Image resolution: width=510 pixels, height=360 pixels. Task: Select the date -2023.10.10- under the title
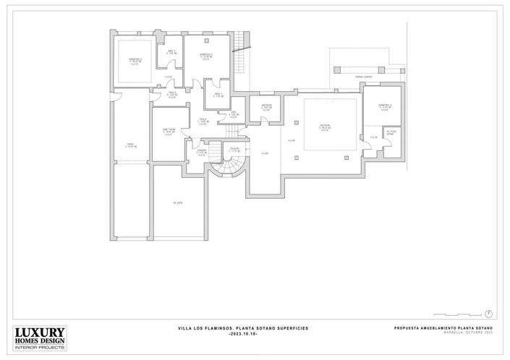pos(242,335)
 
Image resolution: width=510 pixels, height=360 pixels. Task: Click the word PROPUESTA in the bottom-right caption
pos(409,328)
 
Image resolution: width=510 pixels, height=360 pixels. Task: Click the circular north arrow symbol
pos(490,313)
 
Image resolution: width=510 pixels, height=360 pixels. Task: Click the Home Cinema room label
pos(169,132)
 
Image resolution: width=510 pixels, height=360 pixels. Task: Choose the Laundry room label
pos(202,151)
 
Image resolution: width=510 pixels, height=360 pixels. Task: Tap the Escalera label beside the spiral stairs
pos(234,150)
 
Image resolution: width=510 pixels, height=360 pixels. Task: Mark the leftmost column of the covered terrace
pos(337,69)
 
